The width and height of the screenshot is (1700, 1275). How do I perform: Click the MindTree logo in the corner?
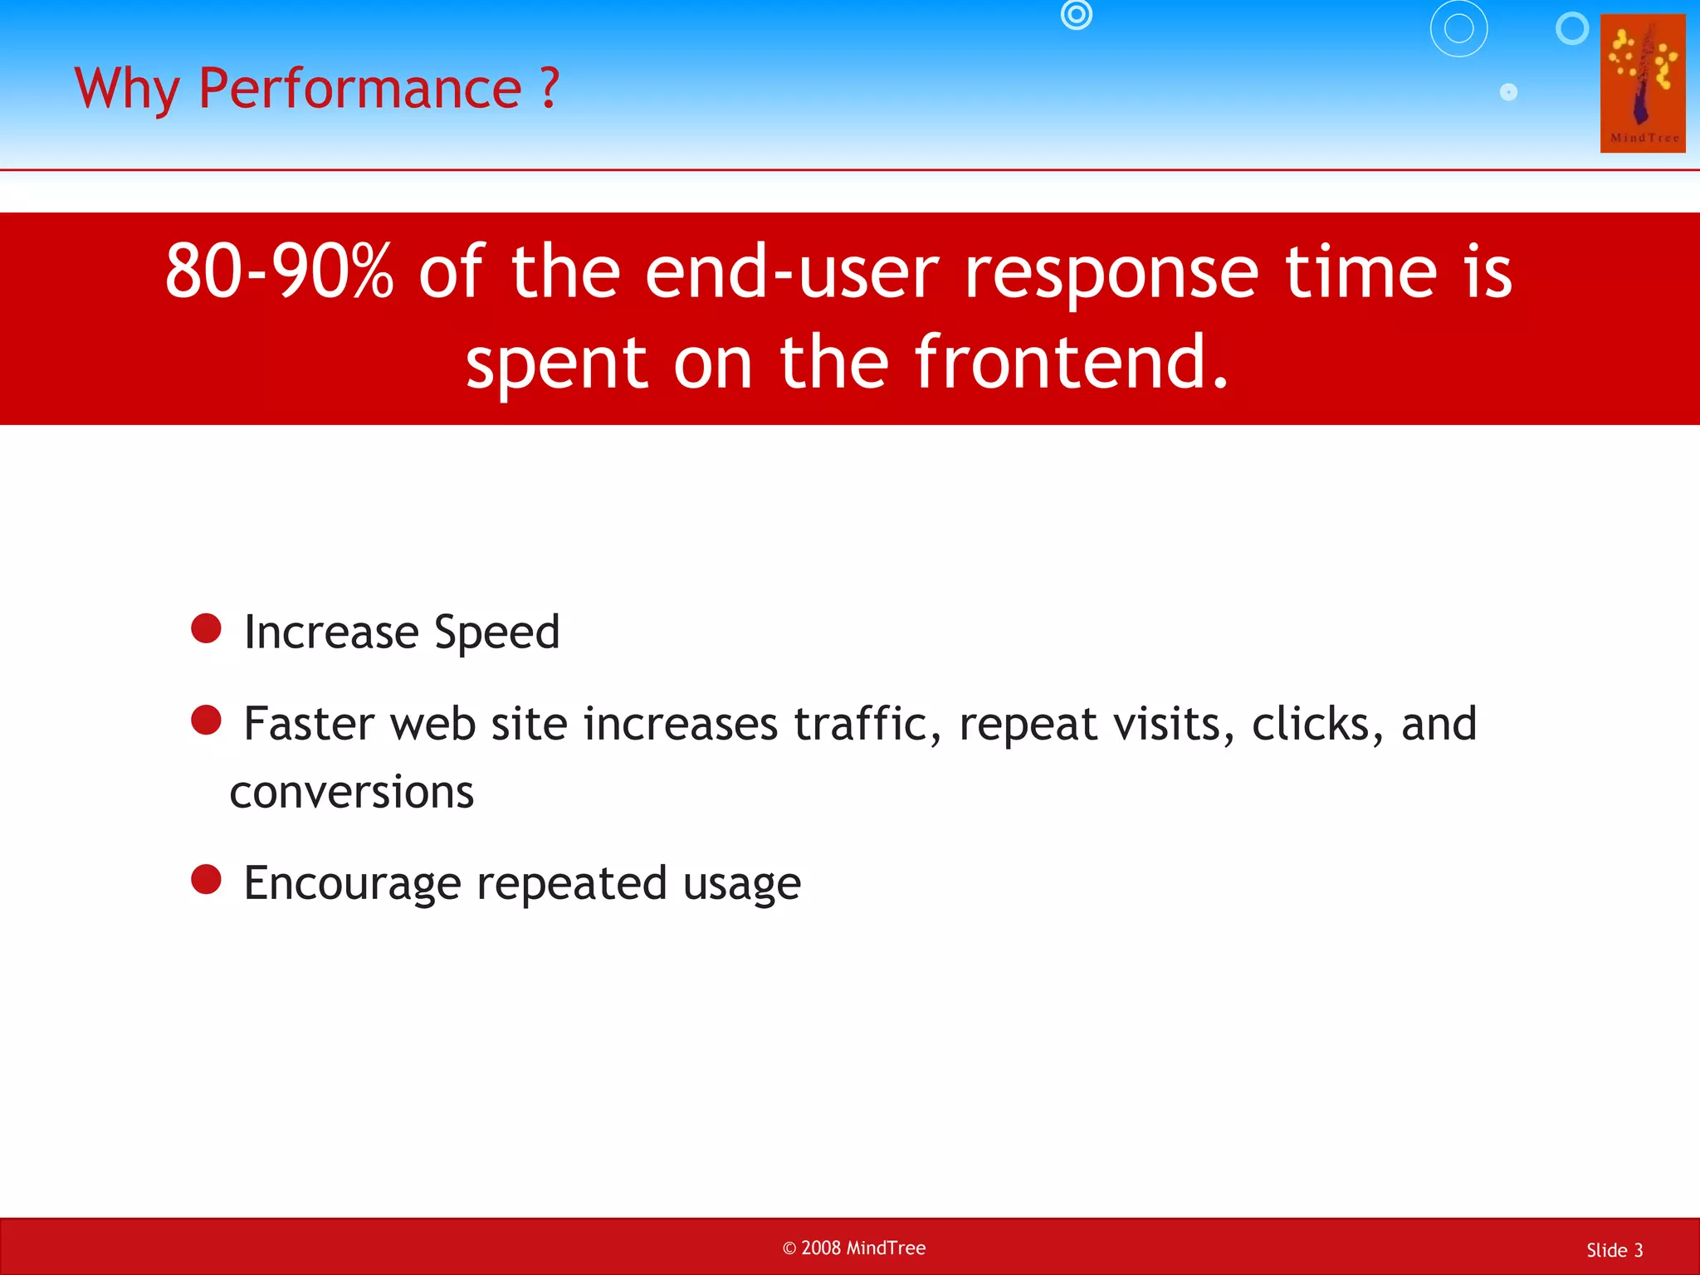tap(1642, 83)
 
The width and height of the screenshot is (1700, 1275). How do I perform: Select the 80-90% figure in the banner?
tap(279, 271)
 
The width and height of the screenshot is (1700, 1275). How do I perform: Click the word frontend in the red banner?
tap(1071, 362)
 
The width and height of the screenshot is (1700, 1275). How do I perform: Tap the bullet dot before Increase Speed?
tap(206, 628)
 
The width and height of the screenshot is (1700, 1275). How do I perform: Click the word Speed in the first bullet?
tap(496, 633)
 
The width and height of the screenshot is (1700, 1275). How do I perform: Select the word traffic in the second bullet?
tap(867, 724)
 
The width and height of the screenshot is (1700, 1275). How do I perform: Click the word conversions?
tap(352, 792)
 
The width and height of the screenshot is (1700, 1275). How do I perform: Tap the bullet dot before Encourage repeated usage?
tap(206, 879)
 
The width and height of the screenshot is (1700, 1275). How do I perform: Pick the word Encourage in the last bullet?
tap(352, 884)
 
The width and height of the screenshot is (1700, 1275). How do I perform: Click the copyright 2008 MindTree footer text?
tap(854, 1248)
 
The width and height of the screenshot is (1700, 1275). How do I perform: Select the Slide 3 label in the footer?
tap(1614, 1250)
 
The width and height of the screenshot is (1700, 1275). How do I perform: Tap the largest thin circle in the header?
tap(1458, 28)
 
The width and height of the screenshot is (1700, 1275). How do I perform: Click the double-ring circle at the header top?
tap(1077, 14)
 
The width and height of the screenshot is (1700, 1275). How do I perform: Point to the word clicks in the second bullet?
tap(1317, 724)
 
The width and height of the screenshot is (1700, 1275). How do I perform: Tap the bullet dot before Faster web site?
tap(206, 720)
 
